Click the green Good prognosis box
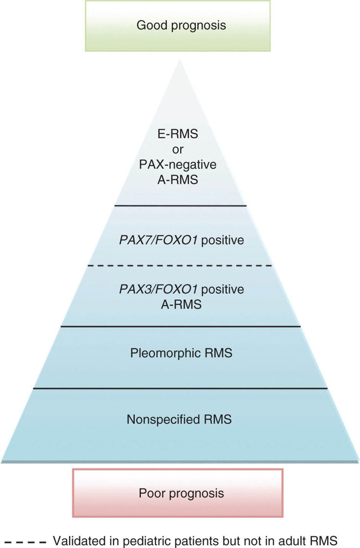coord(181,26)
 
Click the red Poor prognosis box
coord(181,493)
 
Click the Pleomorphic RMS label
coord(181,354)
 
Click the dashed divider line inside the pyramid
coord(181,266)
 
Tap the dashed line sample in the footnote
coord(25,539)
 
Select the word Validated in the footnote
coord(75,539)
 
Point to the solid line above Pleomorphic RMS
coord(181,327)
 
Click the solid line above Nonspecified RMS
coord(181,389)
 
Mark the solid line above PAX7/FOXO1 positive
coord(181,205)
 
